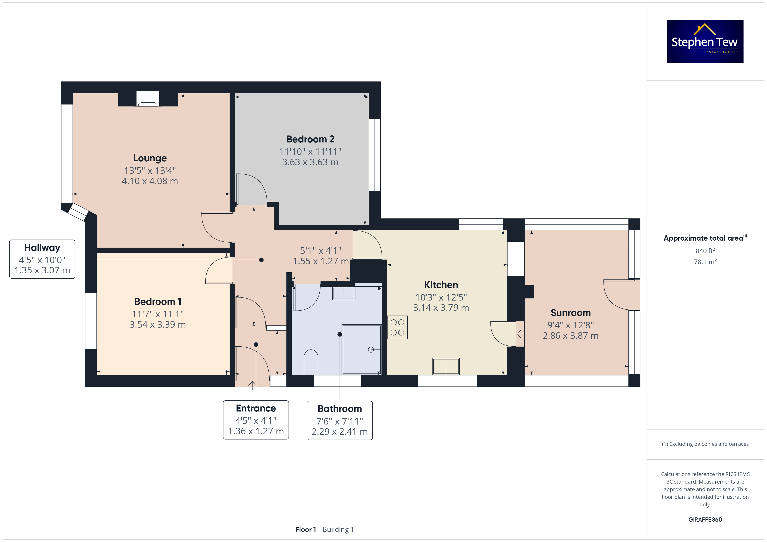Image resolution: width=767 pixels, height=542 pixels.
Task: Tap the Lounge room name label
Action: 150,158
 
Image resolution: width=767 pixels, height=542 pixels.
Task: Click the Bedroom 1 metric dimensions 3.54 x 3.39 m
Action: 157,324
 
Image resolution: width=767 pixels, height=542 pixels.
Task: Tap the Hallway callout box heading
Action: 42,248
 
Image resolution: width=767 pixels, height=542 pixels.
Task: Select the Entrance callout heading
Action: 256,408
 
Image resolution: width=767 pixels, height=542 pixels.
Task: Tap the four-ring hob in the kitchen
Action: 397,327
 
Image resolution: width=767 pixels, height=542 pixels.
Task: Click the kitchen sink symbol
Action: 446,366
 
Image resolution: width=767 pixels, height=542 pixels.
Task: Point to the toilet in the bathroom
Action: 311,362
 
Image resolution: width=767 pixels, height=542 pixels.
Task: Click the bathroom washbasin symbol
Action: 343,293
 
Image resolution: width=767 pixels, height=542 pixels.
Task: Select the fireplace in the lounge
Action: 148,99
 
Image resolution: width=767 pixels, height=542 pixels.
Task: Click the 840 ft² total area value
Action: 705,251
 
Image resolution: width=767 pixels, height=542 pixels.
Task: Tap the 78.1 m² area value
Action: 705,262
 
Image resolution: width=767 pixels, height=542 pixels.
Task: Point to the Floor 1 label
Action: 305,529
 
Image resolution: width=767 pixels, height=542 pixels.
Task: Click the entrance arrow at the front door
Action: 252,385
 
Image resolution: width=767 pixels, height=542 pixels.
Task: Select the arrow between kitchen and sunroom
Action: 520,334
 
